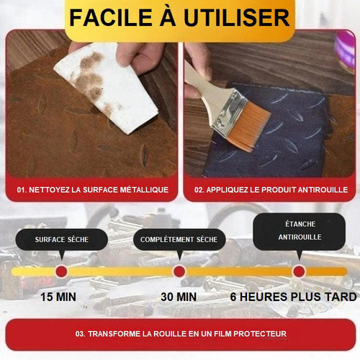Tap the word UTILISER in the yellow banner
[x=237, y=17]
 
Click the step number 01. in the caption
[x=22, y=190]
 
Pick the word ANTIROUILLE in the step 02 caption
[x=323, y=190]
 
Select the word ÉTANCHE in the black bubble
[x=300, y=224]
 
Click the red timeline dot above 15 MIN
[x=61, y=271]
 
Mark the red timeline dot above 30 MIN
[x=179, y=271]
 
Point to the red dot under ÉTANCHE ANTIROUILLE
[x=299, y=271]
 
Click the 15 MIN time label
[x=58, y=297]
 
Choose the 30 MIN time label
[x=179, y=297]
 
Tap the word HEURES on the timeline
[x=264, y=297]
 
